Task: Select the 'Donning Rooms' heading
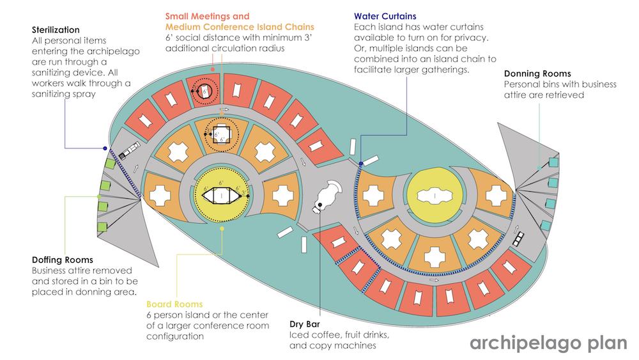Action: pyautogui.click(x=537, y=74)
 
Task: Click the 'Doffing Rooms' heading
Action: pyautogui.click(x=63, y=260)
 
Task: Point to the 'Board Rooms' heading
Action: pyautogui.click(x=174, y=304)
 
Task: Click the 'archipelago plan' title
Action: pyautogui.click(x=548, y=343)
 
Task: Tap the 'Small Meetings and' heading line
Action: pyautogui.click(x=207, y=15)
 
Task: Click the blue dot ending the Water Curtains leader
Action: pyautogui.click(x=361, y=164)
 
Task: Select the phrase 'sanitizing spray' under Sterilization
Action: pyautogui.click(x=66, y=94)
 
